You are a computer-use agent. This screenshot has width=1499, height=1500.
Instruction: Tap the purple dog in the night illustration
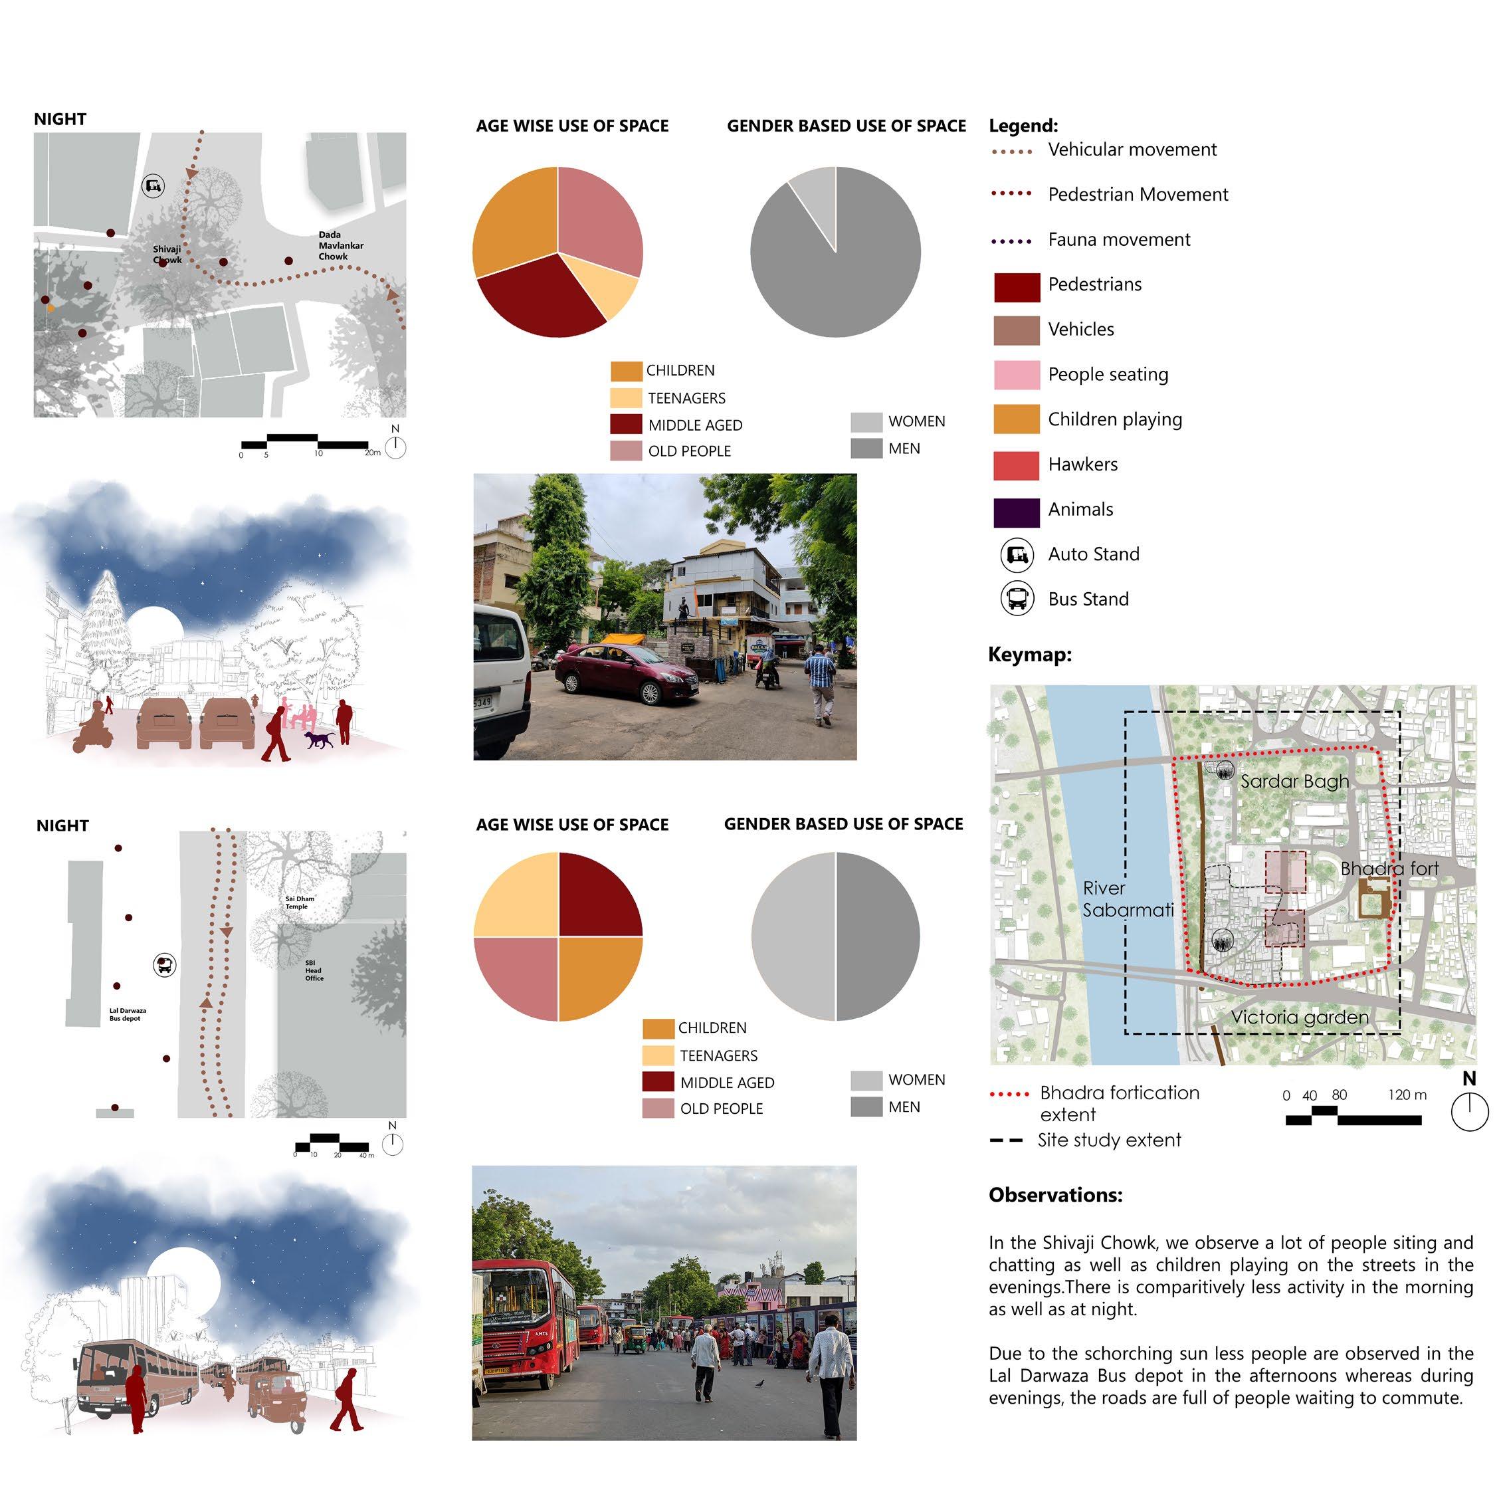click(319, 738)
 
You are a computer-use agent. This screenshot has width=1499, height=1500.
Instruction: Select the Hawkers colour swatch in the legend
click(1016, 465)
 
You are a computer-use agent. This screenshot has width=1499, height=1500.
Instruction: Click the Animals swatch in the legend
click(1016, 511)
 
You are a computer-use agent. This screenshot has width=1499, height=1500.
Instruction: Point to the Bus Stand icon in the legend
click(1017, 599)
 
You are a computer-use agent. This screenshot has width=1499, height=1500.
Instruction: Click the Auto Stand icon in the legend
click(1017, 554)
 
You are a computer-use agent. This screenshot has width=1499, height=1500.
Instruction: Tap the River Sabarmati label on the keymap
click(1127, 899)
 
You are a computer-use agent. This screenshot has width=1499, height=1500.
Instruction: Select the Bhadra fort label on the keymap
click(1389, 868)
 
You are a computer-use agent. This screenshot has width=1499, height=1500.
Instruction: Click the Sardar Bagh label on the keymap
click(1294, 781)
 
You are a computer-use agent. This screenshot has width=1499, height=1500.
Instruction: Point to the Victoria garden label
click(1300, 1017)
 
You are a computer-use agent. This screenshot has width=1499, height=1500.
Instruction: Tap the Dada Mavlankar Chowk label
click(340, 245)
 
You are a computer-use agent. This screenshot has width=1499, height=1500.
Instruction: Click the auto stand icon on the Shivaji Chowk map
click(153, 185)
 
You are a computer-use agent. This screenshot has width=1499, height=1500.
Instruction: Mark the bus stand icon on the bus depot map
click(165, 965)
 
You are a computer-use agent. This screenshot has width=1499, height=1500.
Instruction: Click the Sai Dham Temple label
click(299, 902)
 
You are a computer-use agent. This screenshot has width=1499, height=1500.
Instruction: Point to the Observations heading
click(1055, 1195)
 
